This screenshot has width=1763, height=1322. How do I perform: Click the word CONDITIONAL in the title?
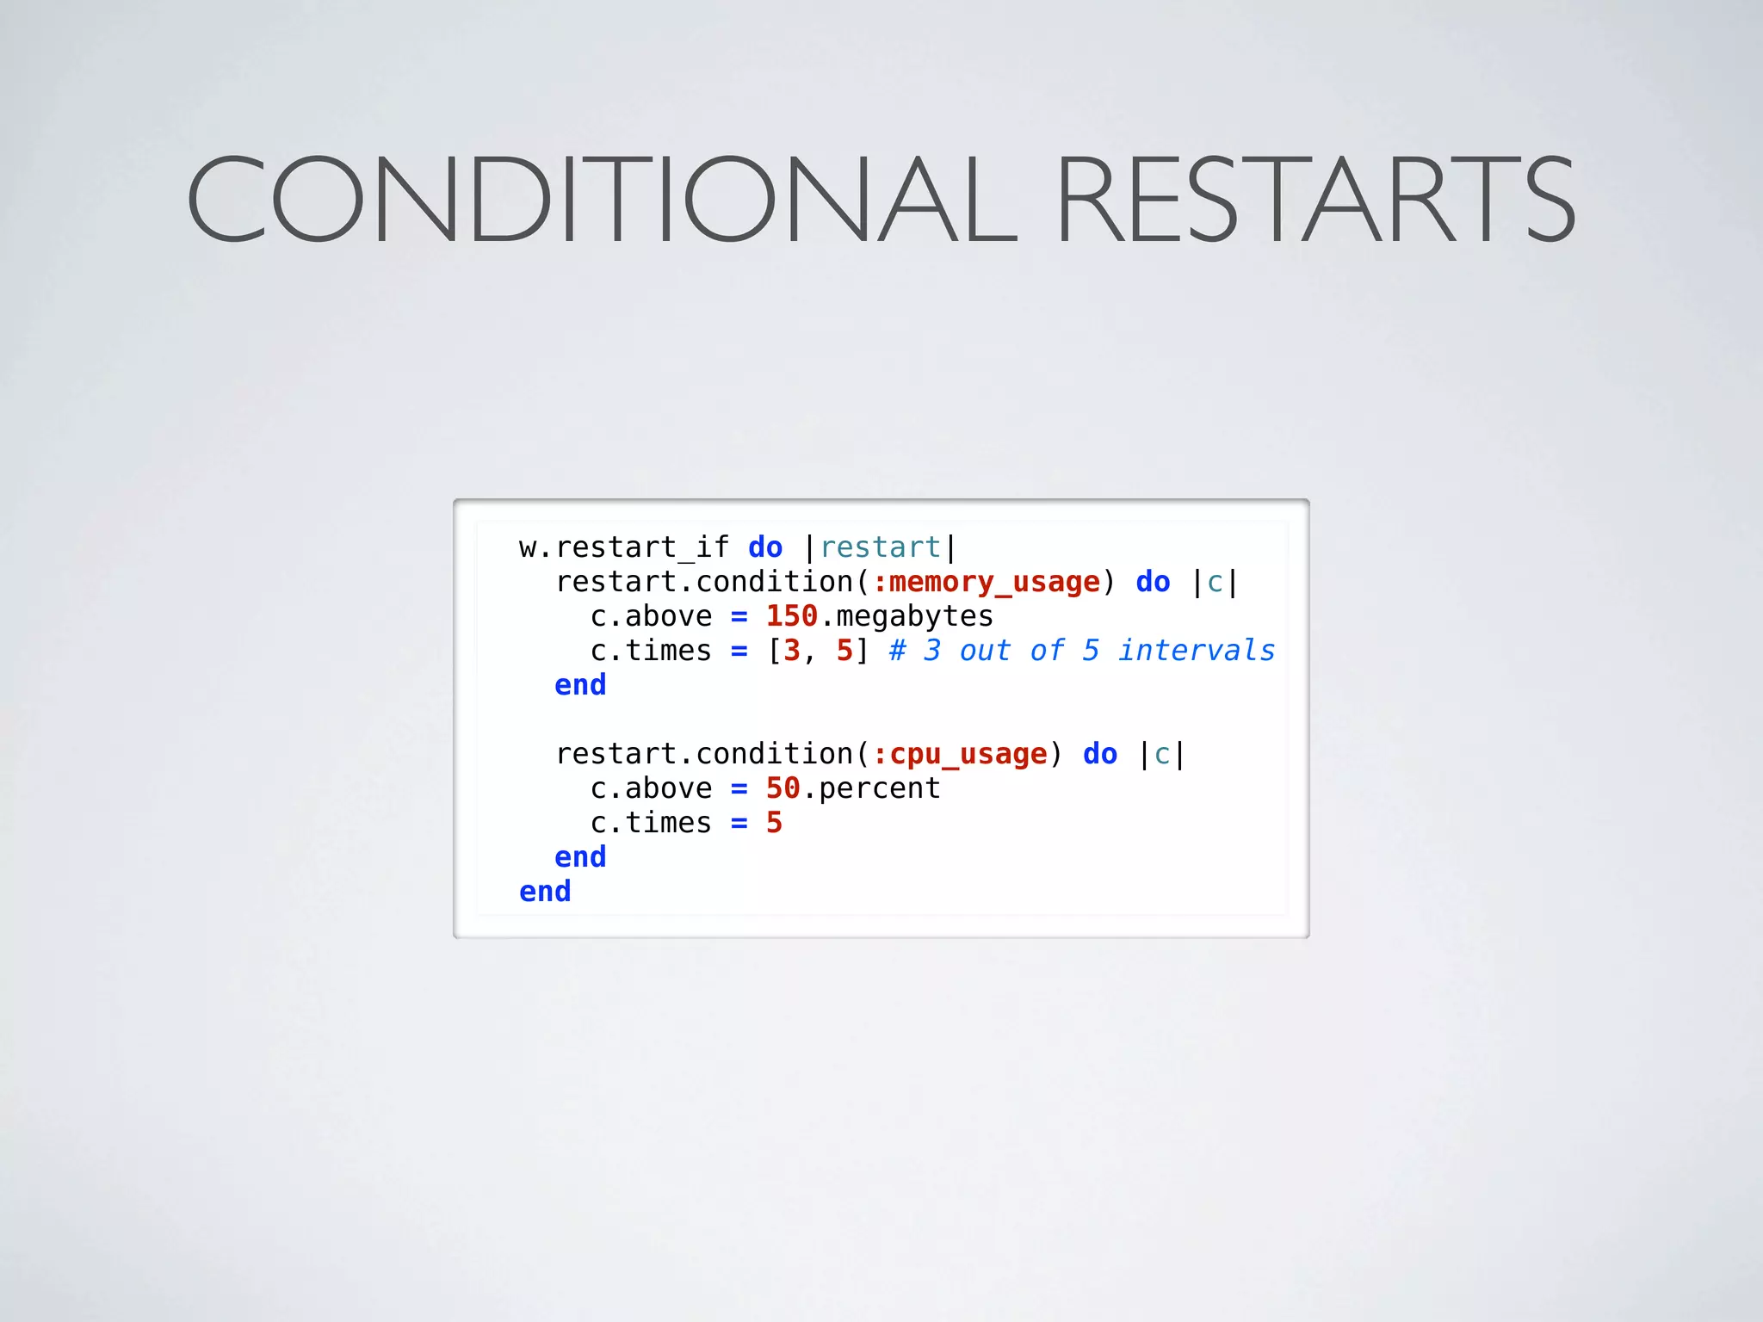601,199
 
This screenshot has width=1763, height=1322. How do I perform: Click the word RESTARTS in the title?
1315,199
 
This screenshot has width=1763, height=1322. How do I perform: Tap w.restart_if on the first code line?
623,547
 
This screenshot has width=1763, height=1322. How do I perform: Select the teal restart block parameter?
880,547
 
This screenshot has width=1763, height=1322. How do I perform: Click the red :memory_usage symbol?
986,583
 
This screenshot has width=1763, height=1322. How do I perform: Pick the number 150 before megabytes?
791,616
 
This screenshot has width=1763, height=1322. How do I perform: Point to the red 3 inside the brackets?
792,651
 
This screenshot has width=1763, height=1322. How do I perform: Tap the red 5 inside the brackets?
844,651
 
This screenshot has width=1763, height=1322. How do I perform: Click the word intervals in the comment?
1197,651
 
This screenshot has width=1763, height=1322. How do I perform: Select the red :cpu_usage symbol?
960,755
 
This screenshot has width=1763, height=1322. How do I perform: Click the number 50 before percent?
783,788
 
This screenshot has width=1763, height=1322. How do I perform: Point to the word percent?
879,789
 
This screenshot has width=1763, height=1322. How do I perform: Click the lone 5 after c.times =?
774,823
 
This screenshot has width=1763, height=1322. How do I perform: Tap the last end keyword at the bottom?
545,892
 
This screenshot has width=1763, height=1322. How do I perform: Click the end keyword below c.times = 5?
580,857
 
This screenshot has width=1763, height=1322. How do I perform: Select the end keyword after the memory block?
580,685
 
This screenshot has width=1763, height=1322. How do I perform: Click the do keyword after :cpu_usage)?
1099,754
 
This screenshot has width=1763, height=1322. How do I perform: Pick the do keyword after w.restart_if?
765,547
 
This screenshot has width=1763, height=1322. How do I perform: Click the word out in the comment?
986,651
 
